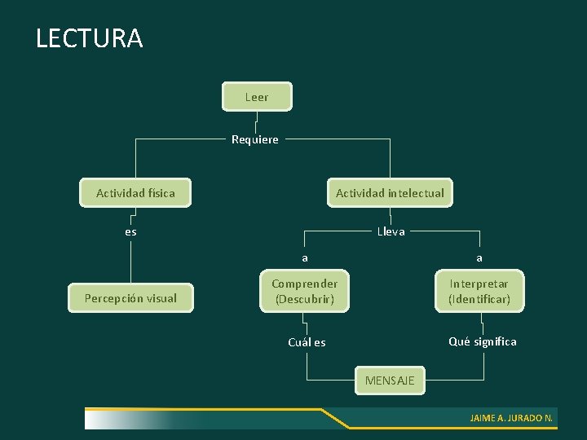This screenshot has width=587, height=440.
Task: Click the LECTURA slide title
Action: click(89, 38)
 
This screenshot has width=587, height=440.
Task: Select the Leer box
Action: click(257, 97)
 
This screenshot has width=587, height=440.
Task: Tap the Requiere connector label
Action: click(254, 139)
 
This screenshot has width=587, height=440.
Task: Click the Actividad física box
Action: click(135, 193)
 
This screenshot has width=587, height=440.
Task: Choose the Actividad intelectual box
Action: click(390, 193)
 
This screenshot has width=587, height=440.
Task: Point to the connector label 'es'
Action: click(130, 231)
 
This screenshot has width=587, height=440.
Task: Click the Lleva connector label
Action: click(391, 231)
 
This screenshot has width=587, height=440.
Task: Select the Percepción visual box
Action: click(130, 298)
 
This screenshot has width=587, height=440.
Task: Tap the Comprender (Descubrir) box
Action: click(305, 291)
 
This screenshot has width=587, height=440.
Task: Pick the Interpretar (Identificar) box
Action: click(479, 291)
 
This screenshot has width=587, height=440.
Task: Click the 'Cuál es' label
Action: click(307, 342)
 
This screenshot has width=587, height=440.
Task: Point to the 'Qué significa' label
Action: click(482, 341)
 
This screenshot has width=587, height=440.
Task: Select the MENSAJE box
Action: click(390, 381)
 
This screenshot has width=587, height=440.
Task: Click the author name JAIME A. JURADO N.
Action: click(511, 418)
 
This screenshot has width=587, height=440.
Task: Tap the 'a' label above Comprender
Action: click(305, 258)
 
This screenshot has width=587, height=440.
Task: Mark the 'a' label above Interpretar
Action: click(479, 258)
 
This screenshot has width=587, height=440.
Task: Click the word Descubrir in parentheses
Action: click(305, 299)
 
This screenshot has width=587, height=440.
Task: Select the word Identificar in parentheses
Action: click(479, 299)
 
